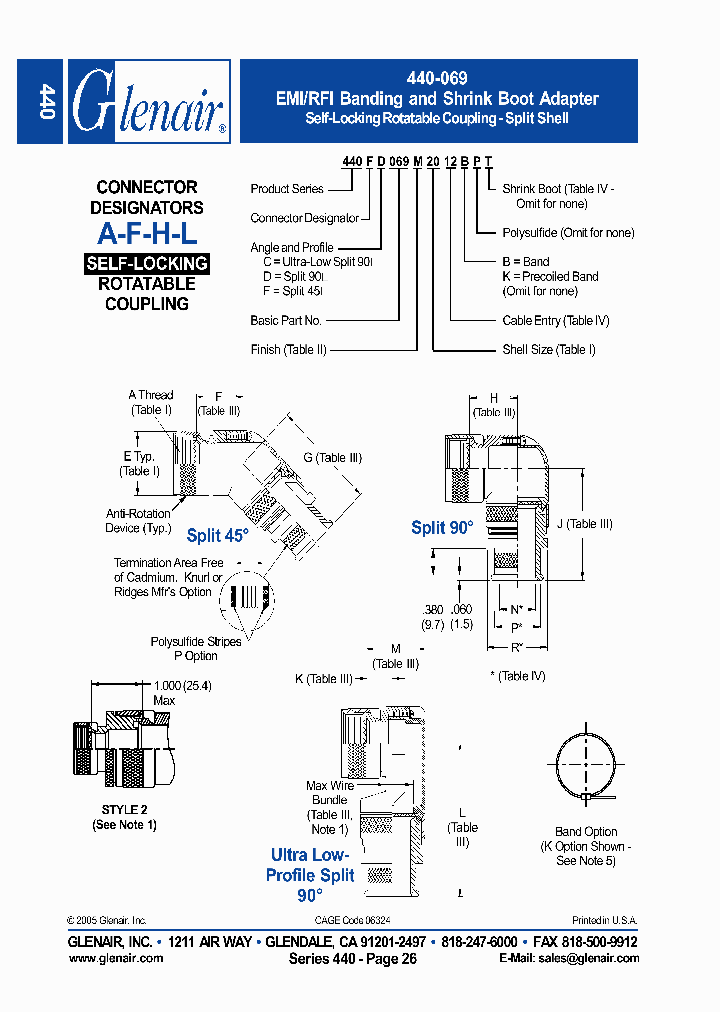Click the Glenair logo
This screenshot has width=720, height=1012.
click(x=149, y=101)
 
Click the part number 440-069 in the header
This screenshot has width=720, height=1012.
click(x=438, y=78)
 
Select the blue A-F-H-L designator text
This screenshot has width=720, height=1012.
click(x=147, y=234)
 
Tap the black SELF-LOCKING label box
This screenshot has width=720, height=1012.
click(x=147, y=264)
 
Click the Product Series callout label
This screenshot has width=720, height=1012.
click(x=287, y=188)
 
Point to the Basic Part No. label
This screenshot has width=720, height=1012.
click(x=286, y=321)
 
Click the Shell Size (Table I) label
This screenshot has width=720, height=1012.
click(x=549, y=349)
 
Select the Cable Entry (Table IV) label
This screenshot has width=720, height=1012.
click(x=556, y=321)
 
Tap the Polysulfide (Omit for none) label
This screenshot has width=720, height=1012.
click(x=568, y=233)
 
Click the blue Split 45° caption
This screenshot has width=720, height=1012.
click(x=217, y=536)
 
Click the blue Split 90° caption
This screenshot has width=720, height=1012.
click(x=442, y=527)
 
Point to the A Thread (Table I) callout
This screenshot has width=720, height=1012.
click(x=151, y=402)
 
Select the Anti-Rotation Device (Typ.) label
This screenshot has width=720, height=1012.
click(x=139, y=521)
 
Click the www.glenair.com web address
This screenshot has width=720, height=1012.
click(x=116, y=958)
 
